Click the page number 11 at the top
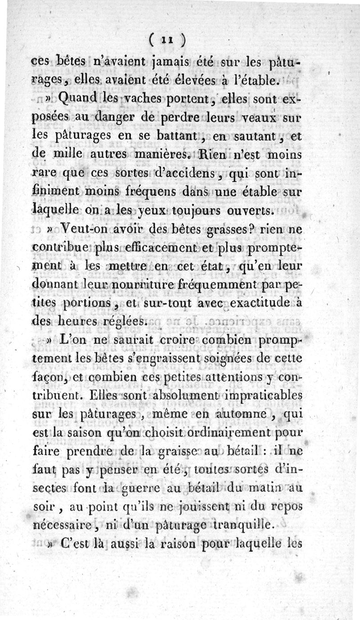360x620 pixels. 166,41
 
